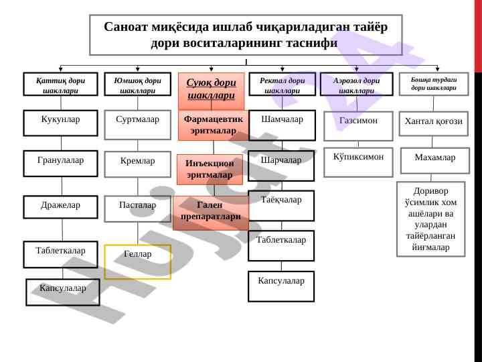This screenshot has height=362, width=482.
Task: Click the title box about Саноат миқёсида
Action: coord(246,35)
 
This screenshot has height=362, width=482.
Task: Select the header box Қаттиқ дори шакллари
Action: coord(60,84)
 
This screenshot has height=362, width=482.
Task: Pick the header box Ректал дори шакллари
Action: coord(282,84)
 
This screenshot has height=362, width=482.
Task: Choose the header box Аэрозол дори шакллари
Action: coord(356,84)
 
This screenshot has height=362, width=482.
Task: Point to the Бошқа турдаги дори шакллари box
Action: coord(434,84)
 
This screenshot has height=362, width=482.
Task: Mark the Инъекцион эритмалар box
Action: coord(210,170)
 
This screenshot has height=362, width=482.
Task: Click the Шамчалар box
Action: coord(282,125)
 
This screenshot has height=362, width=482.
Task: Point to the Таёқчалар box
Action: coord(281,205)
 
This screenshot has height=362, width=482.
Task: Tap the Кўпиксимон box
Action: coord(358,162)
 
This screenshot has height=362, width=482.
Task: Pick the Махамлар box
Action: coord(434,160)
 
